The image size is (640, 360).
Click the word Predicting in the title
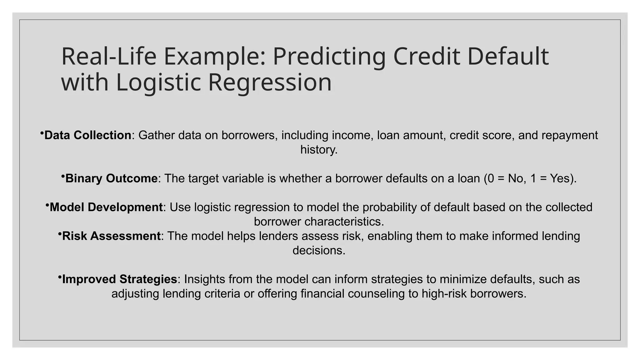coord(329,57)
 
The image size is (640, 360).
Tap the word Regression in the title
coord(269,82)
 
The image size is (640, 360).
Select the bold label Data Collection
coord(88,135)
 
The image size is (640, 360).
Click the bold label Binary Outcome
coord(111,178)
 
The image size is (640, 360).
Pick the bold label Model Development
coord(106,207)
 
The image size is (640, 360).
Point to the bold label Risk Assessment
coord(111,236)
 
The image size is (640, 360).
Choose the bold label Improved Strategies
coord(119,279)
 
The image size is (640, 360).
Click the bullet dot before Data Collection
coord(42,133)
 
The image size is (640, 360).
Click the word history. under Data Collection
coord(319,150)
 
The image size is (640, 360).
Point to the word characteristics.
coord(343,222)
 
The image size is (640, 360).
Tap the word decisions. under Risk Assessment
coord(319,250)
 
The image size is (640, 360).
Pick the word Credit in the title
coord(426,57)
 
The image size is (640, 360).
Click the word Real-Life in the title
coord(109,57)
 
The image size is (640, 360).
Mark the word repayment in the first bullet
coord(569,135)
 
